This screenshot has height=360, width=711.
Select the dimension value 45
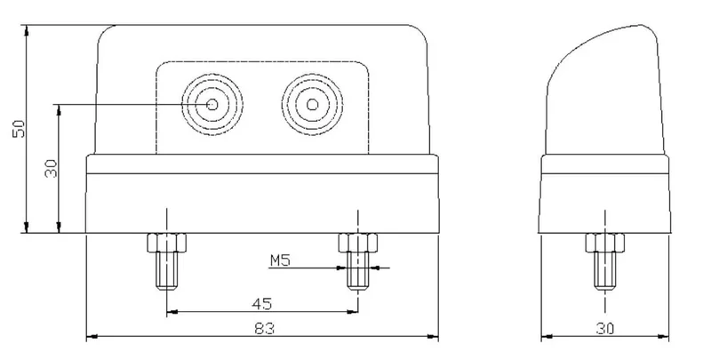[x=263, y=302]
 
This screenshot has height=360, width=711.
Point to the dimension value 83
[x=263, y=328]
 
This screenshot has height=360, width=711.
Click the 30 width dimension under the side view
[x=606, y=328]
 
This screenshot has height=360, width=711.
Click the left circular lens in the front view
[x=213, y=105]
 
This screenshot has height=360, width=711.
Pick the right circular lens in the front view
[x=313, y=105]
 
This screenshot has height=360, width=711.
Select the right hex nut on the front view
[x=357, y=242]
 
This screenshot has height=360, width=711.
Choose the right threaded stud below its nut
[x=357, y=272]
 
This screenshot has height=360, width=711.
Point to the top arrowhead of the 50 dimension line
[x=28, y=30]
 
